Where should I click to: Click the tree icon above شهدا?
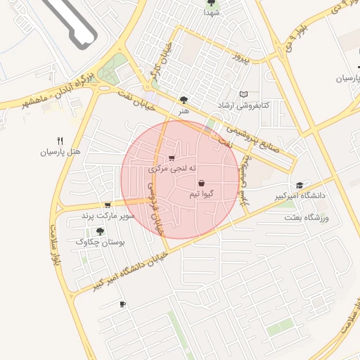pyautogui.click(x=212, y=3)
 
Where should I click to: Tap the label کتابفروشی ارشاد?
pyautogui.click(x=244, y=105)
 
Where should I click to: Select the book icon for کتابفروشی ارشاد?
pyautogui.click(x=244, y=94)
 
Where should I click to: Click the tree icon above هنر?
pyautogui.click(x=184, y=101)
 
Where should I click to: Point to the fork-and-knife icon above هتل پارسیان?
pyautogui.click(x=60, y=141)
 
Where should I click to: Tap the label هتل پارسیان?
pyautogui.click(x=60, y=151)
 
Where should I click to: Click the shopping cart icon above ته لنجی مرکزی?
pyautogui.click(x=172, y=158)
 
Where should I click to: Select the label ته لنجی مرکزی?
pyautogui.click(x=172, y=169)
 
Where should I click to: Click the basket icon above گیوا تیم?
pyautogui.click(x=201, y=183)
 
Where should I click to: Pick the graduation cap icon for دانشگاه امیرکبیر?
pyautogui.click(x=300, y=185)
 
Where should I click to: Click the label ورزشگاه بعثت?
pyautogui.click(x=307, y=218)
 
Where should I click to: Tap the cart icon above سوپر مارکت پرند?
pyautogui.click(x=107, y=205)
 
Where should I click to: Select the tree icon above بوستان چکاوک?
pyautogui.click(x=100, y=231)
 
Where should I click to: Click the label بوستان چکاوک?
pyautogui.click(x=100, y=242)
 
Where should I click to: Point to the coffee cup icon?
pyautogui.click(x=123, y=304)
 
